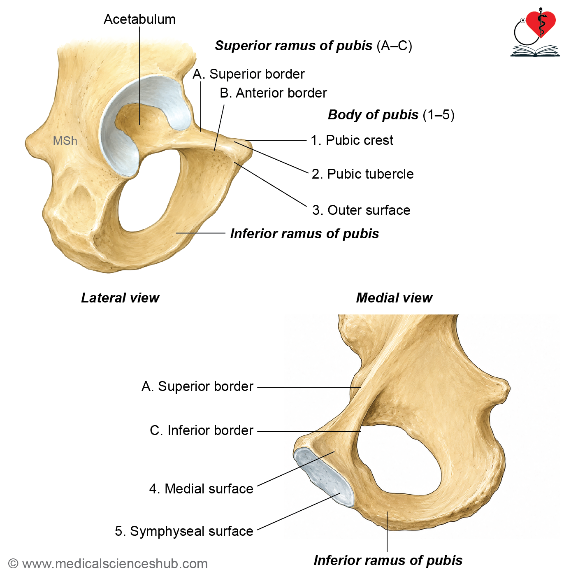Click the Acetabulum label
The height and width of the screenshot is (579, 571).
pos(140,19)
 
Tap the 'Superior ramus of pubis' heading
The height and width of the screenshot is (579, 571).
pos(293,46)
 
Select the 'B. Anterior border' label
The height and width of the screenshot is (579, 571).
pos(273,93)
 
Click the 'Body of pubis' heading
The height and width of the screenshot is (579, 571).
pos(373,115)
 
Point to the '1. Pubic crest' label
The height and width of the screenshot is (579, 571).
pos(352,140)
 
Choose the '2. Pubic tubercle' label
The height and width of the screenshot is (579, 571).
pos(362,174)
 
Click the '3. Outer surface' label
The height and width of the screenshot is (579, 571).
pos(361,210)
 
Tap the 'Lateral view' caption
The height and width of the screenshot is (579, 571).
pos(120,298)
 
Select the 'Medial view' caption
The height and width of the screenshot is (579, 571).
pos(394,298)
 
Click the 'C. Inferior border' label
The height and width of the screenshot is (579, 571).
pos(202,430)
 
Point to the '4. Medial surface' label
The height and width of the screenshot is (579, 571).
pos(201,488)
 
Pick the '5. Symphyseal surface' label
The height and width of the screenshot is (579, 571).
pos(184,531)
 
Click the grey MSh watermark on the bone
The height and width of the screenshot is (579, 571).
pos(65,141)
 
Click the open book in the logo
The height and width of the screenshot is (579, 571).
pos(535,51)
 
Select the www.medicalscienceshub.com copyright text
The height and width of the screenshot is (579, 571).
pos(108,563)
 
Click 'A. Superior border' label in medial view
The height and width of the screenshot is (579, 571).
pos(197,386)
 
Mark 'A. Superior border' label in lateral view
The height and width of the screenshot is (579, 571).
pos(248,74)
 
